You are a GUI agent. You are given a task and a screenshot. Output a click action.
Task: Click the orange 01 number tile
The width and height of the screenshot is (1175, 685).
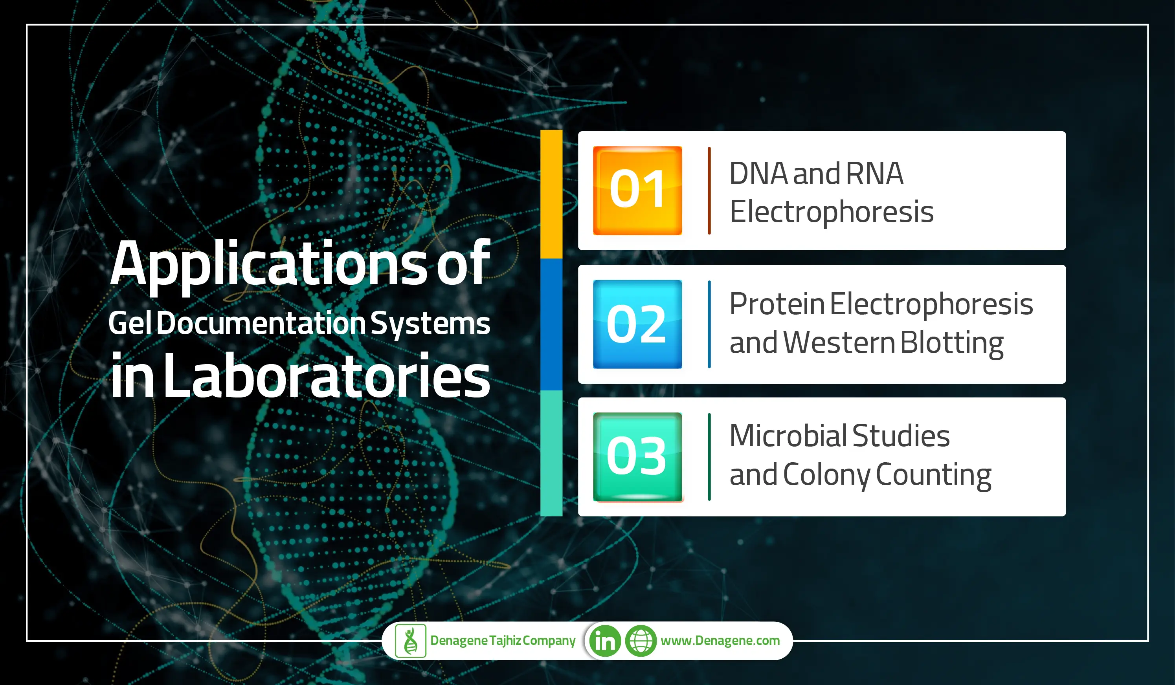point(637,190)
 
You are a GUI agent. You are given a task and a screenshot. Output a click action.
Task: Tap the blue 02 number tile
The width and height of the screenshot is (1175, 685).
point(637,324)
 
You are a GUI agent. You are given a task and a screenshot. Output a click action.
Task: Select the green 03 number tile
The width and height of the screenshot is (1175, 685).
point(637,457)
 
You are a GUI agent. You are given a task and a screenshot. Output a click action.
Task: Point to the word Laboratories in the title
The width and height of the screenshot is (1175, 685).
point(327,377)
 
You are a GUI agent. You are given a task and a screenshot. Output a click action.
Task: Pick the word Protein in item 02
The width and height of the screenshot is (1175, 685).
point(777,304)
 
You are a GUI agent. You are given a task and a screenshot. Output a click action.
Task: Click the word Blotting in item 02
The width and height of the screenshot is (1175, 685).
point(951,342)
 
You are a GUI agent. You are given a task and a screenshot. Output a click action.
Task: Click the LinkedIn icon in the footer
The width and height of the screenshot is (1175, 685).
point(605,641)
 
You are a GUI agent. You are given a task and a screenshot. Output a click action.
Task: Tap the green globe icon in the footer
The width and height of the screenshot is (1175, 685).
point(640,641)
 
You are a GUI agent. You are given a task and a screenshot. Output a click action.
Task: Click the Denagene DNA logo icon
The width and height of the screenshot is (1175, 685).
point(410,641)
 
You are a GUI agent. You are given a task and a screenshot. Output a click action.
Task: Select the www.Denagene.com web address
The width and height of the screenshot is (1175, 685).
point(720,641)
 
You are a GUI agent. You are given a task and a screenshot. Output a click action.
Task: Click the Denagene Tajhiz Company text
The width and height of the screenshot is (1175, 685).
point(503,641)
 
